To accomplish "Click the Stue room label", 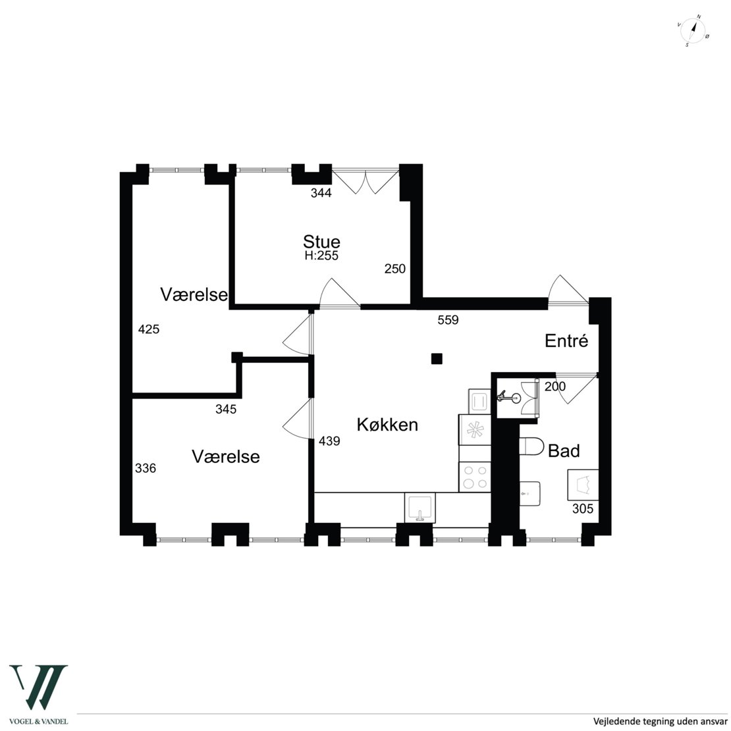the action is pos(321,242).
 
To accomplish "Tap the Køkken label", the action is pos(387,425).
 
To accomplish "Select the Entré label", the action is pos(566,340).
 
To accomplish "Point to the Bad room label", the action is pos(564,451).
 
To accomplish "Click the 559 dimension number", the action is pos(448,320).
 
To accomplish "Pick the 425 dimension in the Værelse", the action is pos(149,329).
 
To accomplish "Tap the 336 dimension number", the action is pos(146,468).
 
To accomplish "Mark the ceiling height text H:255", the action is pos(321,256).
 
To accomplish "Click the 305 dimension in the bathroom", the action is pos(583,508).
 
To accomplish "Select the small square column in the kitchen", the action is pos(437,358).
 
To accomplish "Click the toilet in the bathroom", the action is pos(531,447).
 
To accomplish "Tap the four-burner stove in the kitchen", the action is pos(475,476).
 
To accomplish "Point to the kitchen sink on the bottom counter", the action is pos(420,508).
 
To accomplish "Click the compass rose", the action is pos(693,31).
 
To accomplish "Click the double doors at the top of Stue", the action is pos(365,181).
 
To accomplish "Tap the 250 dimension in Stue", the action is pos(395,269).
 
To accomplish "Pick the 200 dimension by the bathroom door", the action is pos(555,386).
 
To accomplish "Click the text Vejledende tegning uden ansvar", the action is pos(659,721).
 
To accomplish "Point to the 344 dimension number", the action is pos(321,192).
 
